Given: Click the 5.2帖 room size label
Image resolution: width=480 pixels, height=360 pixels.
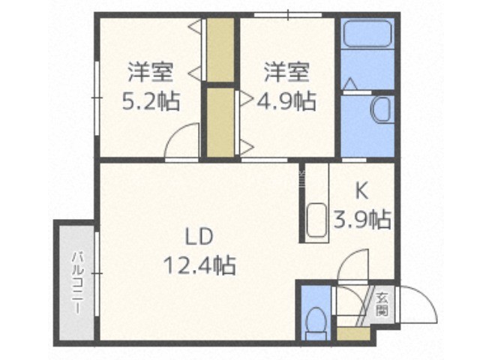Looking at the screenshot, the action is coord(151,101).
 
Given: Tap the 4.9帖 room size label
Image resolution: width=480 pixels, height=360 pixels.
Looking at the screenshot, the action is coord(286,101).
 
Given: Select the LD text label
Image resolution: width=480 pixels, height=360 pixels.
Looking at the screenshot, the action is coord(199,236).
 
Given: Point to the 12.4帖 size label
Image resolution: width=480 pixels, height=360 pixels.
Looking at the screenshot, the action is coord(199,265).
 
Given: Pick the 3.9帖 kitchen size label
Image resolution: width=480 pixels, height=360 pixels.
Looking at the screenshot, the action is coord(361,220).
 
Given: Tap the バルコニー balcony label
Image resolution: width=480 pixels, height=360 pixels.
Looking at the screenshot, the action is coord(78,283).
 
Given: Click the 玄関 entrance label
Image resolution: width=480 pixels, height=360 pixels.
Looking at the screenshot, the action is coord(382,304).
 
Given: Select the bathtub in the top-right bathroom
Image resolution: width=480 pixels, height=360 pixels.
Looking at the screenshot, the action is coord(367,33).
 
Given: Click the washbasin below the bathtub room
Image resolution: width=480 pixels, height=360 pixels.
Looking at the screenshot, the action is coord(382,109).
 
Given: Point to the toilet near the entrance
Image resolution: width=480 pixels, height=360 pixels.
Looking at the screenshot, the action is coord(316,322).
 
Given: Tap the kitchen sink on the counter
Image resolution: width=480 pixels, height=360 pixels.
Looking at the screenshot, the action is coord(316,220).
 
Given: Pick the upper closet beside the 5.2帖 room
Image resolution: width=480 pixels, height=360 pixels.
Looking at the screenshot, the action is coord(220,49).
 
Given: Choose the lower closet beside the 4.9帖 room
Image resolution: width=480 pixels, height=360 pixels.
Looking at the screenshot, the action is coord(220,122).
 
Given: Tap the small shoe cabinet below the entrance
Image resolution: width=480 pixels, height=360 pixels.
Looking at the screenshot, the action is coord(353,334).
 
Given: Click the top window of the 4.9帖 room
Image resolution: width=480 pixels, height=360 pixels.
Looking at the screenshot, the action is coord(288,14).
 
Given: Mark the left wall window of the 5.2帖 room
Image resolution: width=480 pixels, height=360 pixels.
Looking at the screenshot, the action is coord(97,98).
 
